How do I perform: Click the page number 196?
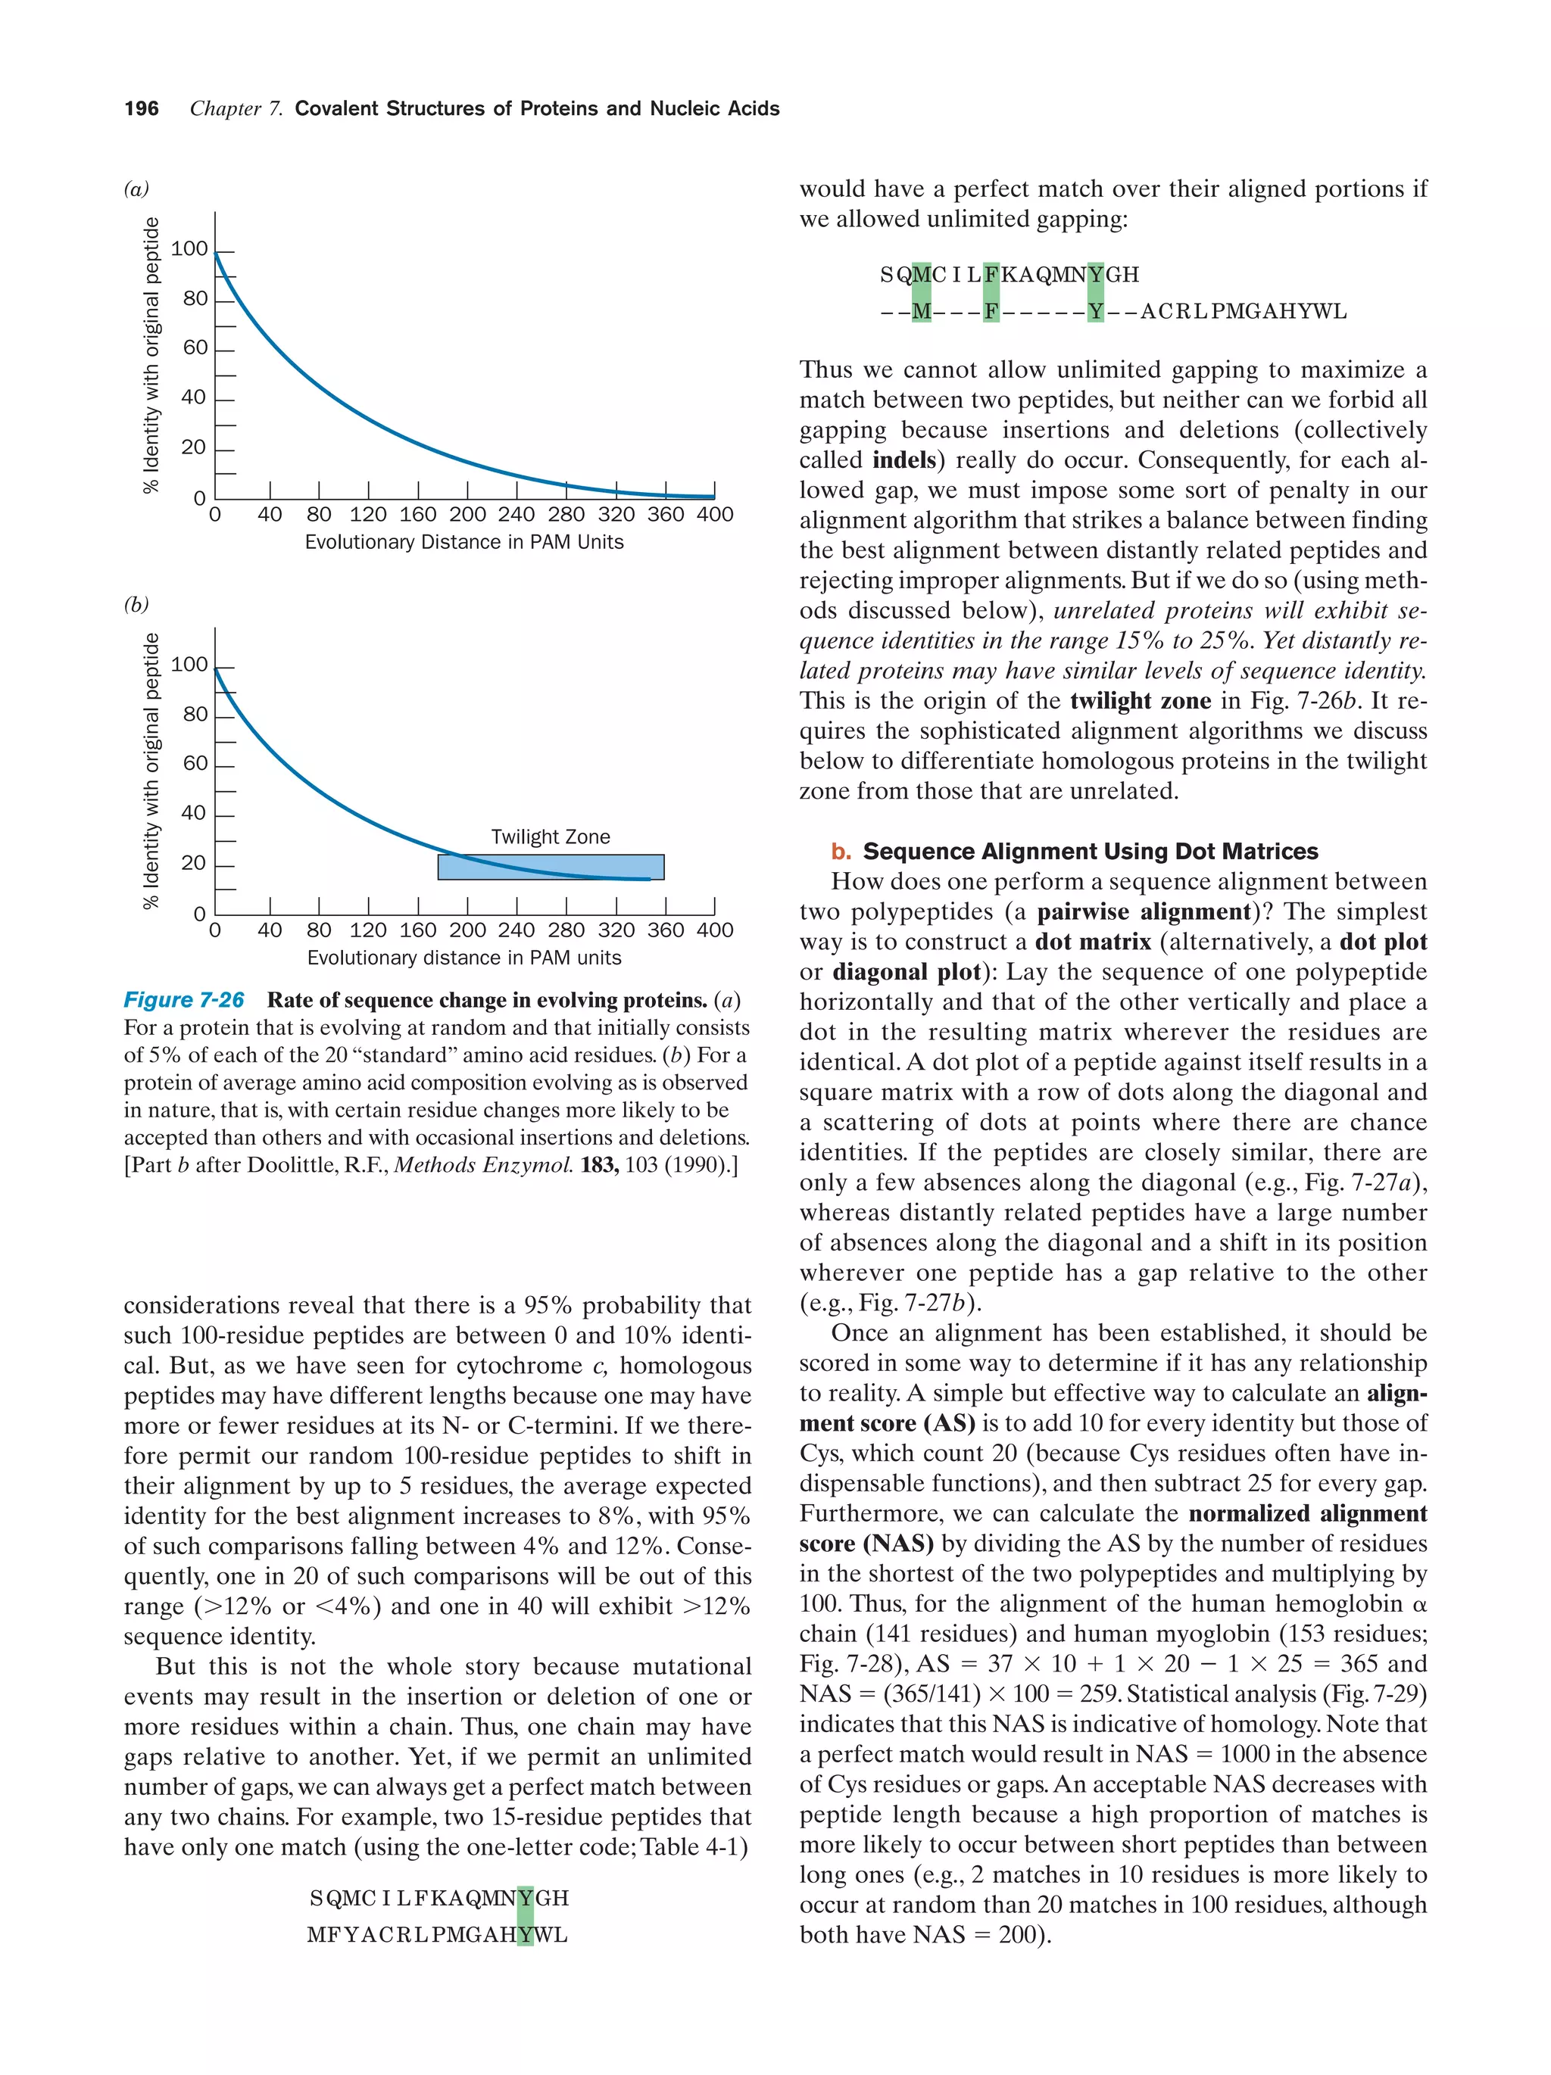(141, 109)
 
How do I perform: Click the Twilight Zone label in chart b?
(550, 837)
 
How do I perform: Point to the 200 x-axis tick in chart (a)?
(467, 515)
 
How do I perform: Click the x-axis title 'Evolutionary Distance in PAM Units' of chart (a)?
(463, 542)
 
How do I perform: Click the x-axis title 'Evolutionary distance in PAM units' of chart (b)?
(463, 958)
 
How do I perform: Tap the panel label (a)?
(136, 188)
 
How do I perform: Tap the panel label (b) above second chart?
(136, 604)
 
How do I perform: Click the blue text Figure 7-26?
(184, 1000)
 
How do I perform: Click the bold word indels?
(903, 460)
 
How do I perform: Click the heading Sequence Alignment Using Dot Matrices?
(1089, 851)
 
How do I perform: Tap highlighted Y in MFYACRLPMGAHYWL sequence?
(525, 1934)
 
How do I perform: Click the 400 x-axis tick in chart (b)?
(714, 930)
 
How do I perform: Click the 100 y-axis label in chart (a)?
(189, 248)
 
